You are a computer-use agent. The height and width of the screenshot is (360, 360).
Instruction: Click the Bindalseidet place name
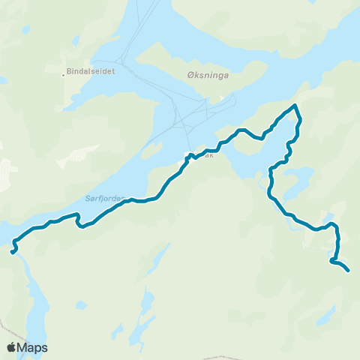pos(91,73)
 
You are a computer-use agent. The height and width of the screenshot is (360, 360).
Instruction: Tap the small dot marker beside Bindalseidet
pos(63,74)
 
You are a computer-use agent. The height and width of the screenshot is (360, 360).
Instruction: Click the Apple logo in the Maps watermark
pos(11,347)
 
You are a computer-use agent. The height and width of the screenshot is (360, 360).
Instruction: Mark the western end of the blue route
pos(13,253)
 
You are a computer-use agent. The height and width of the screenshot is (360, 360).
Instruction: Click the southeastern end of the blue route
pos(349,270)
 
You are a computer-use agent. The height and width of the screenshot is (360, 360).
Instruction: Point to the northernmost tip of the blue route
pos(295,105)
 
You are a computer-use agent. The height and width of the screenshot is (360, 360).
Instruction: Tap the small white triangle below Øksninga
pos(200,99)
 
